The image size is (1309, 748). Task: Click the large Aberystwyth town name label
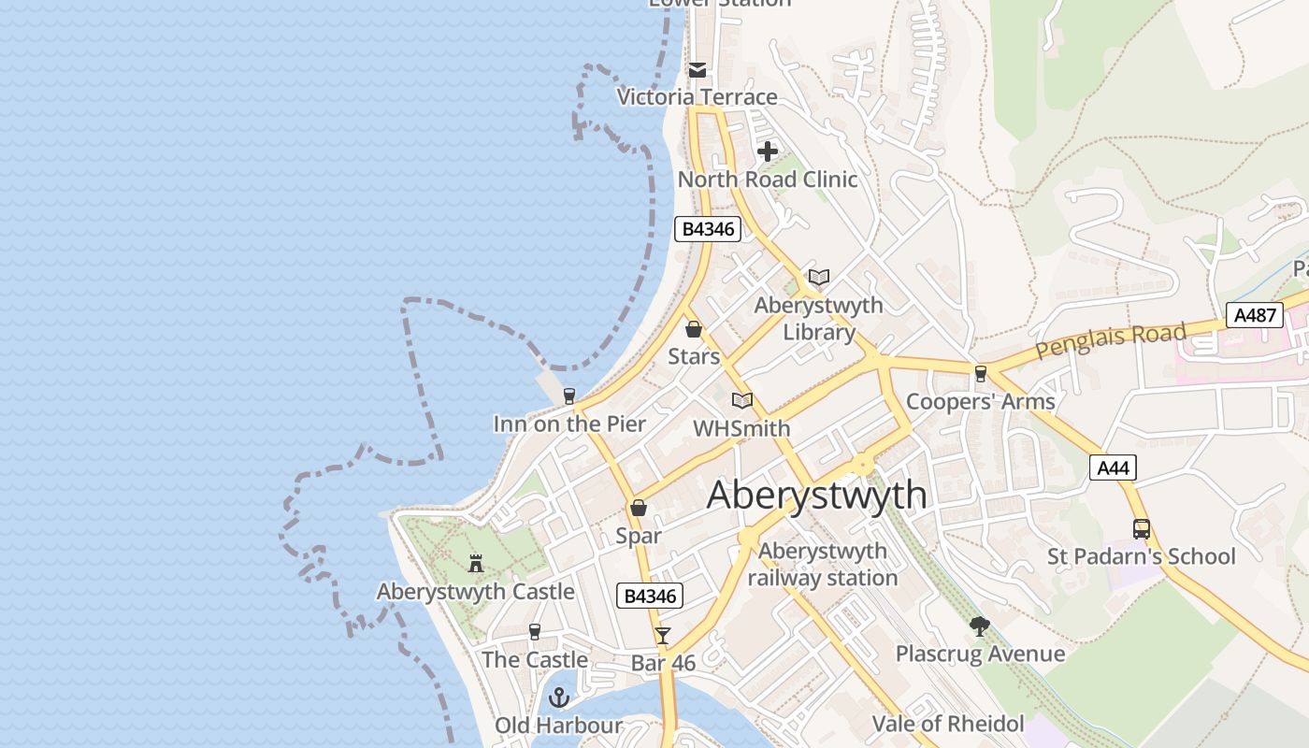click(x=817, y=495)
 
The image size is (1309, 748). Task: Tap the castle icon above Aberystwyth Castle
click(x=476, y=563)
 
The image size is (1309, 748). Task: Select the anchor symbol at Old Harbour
click(x=558, y=698)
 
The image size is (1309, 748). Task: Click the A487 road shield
click(x=1255, y=315)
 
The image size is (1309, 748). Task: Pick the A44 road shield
click(x=1113, y=467)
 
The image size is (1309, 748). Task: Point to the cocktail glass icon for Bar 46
click(x=663, y=636)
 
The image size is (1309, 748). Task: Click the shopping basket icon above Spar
click(x=639, y=508)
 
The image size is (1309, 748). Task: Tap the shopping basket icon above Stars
click(x=694, y=329)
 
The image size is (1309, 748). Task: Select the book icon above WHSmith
click(x=742, y=400)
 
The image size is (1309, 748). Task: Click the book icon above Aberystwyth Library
click(x=819, y=277)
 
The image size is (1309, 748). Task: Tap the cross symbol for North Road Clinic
click(x=768, y=151)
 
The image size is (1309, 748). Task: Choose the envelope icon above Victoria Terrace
click(x=698, y=70)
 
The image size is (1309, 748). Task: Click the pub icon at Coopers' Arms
click(x=980, y=374)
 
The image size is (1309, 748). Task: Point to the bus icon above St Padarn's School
click(x=1141, y=528)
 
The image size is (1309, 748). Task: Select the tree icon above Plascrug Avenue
click(x=979, y=626)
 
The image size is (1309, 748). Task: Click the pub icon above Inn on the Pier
click(x=568, y=396)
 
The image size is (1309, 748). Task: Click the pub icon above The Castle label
click(x=535, y=632)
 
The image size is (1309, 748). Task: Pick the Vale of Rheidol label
click(x=948, y=724)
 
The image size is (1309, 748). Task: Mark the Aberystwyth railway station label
click(x=823, y=565)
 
